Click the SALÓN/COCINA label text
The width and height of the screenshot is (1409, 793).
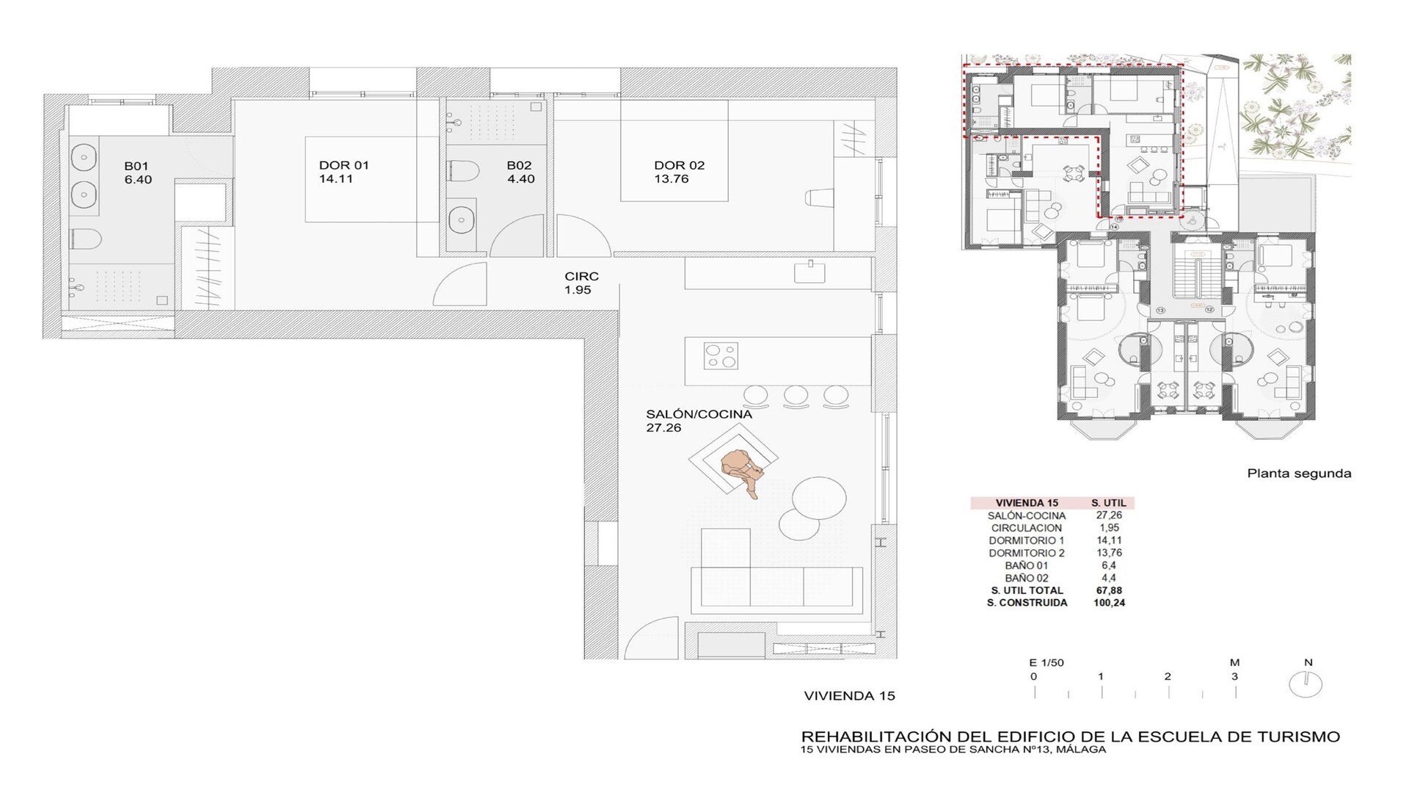pyautogui.click(x=699, y=414)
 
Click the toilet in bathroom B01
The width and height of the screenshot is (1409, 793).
pyautogui.click(x=86, y=239)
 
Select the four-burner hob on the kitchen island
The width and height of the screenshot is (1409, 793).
pyautogui.click(x=721, y=356)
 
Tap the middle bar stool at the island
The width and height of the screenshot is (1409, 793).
pyautogui.click(x=795, y=396)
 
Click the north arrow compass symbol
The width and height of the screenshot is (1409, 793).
pyautogui.click(x=1306, y=684)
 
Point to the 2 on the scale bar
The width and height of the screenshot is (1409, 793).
pyautogui.click(x=1168, y=676)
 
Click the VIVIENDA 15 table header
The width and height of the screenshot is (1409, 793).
pyautogui.click(x=1027, y=503)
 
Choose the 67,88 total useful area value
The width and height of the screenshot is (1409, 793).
pyautogui.click(x=1109, y=590)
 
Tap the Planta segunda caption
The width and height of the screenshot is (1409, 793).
pyautogui.click(x=1299, y=474)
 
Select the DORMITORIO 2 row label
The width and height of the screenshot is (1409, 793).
pyautogui.click(x=1027, y=553)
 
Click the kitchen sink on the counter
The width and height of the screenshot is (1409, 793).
pyautogui.click(x=809, y=272)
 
